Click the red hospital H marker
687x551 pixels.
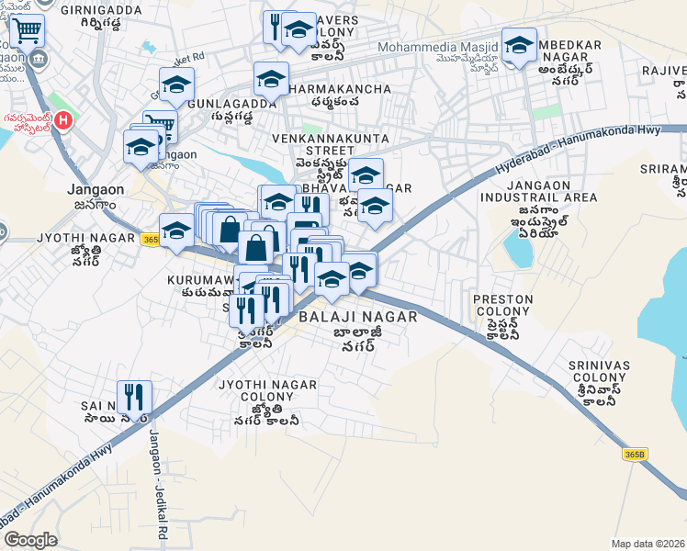(62, 119)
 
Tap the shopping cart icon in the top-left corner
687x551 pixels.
(28, 32)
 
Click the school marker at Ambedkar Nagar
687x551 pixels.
(519, 45)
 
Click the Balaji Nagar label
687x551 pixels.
(357, 317)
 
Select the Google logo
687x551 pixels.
(30, 540)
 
